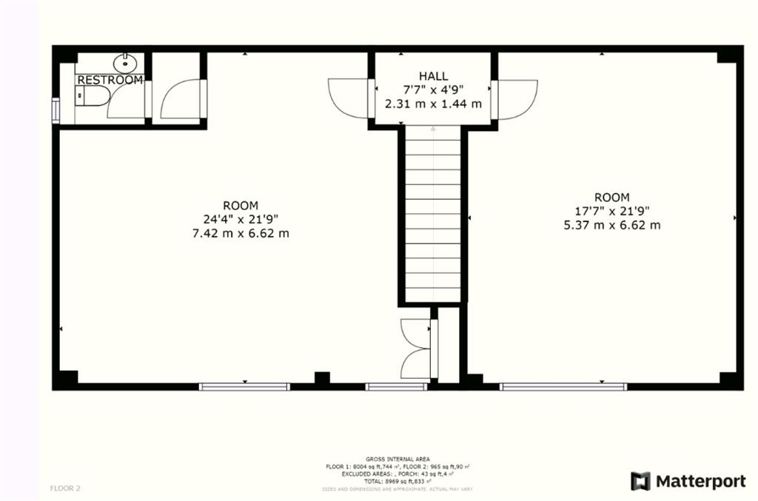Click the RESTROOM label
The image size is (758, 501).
110,80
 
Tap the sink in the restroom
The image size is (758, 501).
125,61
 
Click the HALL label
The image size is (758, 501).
433,76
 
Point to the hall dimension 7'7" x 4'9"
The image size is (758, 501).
433,90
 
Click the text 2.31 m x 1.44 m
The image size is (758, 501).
433,104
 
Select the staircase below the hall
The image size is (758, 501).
432,215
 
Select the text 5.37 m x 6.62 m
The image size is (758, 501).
611,225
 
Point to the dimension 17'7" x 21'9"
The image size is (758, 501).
611,211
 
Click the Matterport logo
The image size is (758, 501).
688,481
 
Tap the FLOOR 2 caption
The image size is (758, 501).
65,488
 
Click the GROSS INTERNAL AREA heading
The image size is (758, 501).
398,459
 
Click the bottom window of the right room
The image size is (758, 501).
563,386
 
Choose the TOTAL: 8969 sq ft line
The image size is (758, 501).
398,481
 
